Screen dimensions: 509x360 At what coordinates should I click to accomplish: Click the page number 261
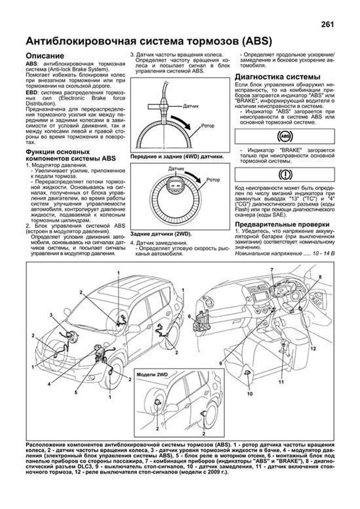click(x=327, y=25)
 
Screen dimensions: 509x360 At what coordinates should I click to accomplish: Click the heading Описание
click(x=45, y=56)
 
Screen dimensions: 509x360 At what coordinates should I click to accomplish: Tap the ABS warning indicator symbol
click(x=284, y=137)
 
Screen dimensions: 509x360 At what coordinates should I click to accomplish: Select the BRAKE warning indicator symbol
click(x=284, y=174)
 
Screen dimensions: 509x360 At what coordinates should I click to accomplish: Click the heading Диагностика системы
click(x=277, y=77)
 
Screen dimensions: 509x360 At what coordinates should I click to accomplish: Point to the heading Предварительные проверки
click(x=282, y=224)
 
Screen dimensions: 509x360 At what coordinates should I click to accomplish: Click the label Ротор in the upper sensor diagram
click(x=208, y=126)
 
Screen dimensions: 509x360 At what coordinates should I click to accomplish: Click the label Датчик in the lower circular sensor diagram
click(x=176, y=169)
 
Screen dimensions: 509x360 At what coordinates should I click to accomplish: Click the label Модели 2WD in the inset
click(x=152, y=375)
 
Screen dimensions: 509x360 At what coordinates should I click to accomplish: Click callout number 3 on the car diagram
click(x=51, y=315)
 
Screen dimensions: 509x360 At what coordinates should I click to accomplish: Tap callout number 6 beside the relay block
click(x=189, y=316)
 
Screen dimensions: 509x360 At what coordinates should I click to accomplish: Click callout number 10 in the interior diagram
click(x=250, y=394)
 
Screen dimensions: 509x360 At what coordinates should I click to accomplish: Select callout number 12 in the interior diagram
click(x=313, y=349)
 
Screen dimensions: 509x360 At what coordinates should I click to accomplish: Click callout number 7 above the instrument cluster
click(x=272, y=270)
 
